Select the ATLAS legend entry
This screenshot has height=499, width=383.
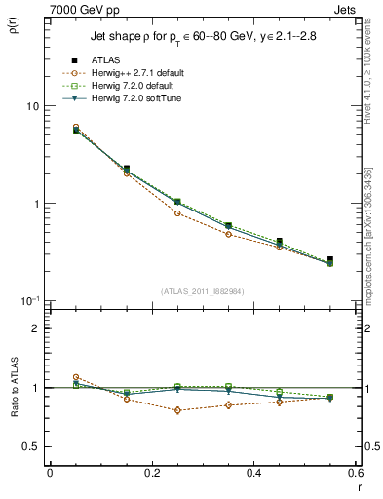(x=102, y=61)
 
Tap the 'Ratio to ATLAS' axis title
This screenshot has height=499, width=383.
(x=13, y=388)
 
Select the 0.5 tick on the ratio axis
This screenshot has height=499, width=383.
(x=34, y=446)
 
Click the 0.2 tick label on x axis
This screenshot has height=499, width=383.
(x=151, y=473)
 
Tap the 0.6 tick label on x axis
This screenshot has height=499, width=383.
(x=356, y=473)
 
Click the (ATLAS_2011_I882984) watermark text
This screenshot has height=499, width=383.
(x=202, y=291)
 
